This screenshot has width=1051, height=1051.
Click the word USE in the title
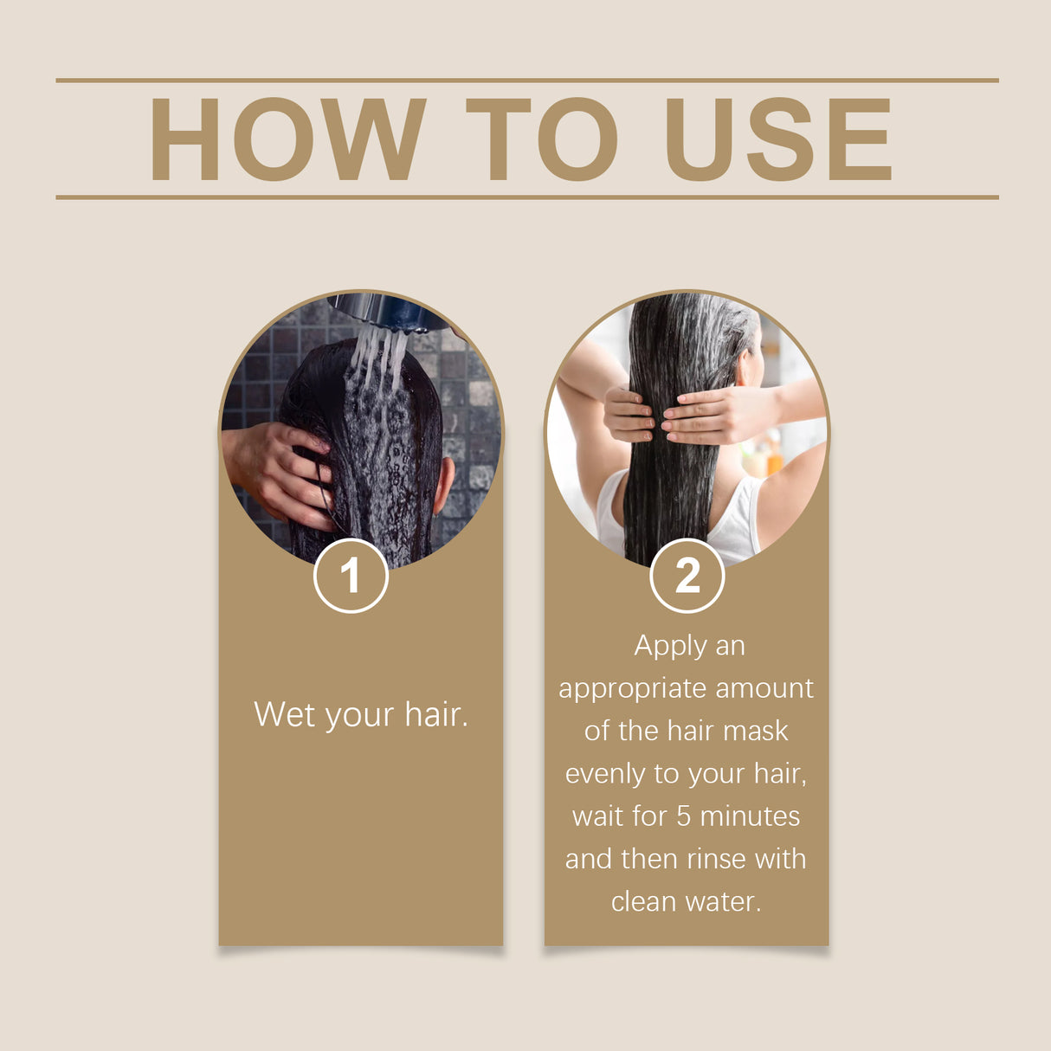tap(777, 139)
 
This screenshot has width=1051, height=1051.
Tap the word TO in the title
tap(541, 139)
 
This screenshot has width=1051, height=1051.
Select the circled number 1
tap(351, 576)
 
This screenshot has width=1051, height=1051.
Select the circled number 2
tap(687, 576)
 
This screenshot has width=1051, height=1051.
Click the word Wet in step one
tap(283, 715)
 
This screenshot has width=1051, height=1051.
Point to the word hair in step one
tap(435, 715)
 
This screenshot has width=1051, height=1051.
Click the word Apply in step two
tap(670, 646)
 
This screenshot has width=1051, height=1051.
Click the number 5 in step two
tap(683, 816)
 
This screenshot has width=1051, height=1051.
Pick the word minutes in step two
tap(750, 816)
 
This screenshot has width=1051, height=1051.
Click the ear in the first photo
tap(443, 485)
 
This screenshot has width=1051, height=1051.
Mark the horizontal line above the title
tap(526, 81)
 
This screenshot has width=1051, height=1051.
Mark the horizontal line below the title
tap(526, 197)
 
